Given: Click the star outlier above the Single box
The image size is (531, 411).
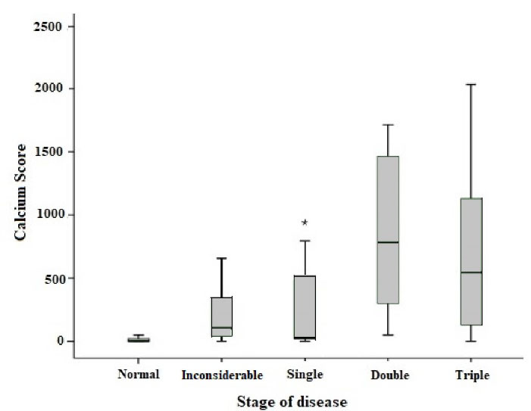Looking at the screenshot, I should pyautogui.click(x=305, y=223).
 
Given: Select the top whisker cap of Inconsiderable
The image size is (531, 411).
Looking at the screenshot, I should pyautogui.click(x=222, y=258).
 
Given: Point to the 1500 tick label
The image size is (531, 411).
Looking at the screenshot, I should pyautogui.click(x=58, y=152).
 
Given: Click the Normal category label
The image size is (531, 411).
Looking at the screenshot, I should pyautogui.click(x=139, y=375).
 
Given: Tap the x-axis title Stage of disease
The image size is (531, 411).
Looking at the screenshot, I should pyautogui.click(x=303, y=400).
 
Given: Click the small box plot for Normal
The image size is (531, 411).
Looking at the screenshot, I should pyautogui.click(x=139, y=339).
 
